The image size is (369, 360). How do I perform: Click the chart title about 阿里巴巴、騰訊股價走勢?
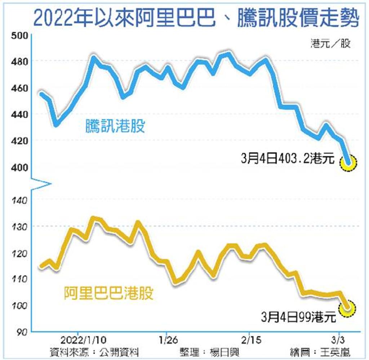point(196,19)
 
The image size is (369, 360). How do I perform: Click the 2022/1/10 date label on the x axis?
point(78,340)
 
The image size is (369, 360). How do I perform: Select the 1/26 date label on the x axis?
point(166,340)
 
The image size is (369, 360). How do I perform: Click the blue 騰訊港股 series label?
point(115,127)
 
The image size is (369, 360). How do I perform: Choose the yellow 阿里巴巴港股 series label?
point(109,293)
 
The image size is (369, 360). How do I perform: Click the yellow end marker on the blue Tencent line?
point(348,163)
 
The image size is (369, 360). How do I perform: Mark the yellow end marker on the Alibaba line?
point(348,309)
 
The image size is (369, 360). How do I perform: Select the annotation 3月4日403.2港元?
point(288,159)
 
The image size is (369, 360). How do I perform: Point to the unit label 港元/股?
point(330,44)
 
